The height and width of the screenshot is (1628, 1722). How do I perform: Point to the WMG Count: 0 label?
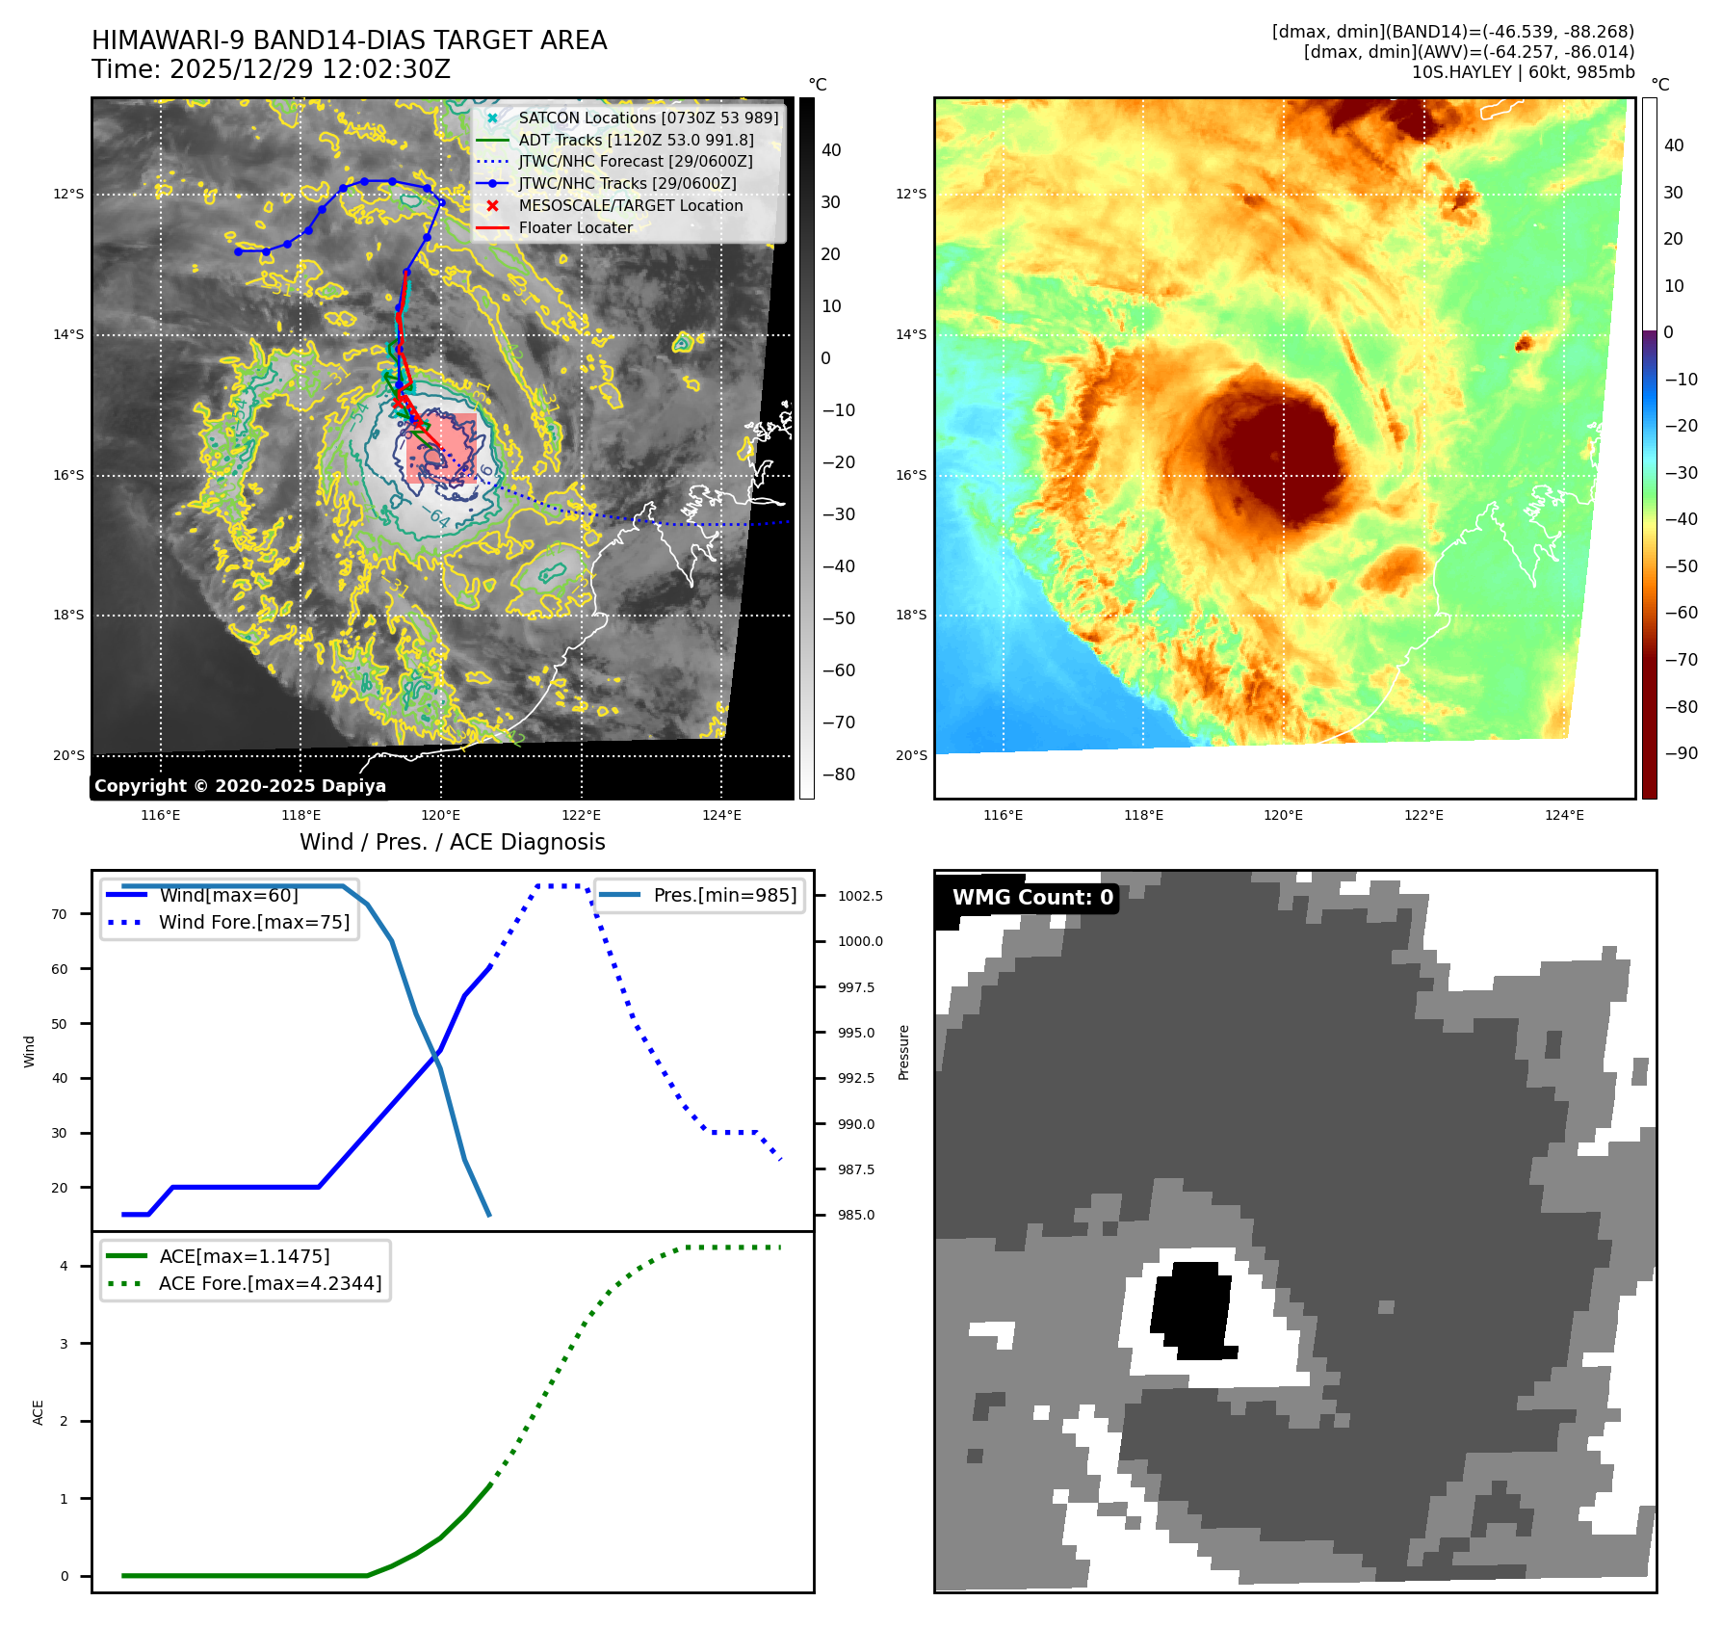[x=1031, y=898]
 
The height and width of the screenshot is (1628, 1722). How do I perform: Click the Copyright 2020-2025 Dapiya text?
[x=240, y=786]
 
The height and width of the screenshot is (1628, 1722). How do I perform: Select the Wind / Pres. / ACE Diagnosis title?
[x=452, y=842]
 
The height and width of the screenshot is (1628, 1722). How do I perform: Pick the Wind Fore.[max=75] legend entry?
[x=253, y=922]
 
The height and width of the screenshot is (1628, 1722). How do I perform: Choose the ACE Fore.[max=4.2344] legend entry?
[x=270, y=1283]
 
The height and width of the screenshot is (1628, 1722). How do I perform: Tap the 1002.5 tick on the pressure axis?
[x=859, y=896]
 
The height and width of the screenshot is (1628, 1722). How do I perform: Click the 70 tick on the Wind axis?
[x=60, y=914]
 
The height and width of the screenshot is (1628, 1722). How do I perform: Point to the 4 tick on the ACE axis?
[x=64, y=1266]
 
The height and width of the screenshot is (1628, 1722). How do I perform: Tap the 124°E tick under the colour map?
[x=1564, y=816]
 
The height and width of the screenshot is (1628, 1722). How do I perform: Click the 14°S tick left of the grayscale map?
[x=68, y=335]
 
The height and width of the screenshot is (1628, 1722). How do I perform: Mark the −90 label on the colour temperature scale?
[x=1682, y=753]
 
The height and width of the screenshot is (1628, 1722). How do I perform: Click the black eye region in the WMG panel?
[x=1192, y=1310]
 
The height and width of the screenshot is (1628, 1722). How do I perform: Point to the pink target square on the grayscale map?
[x=441, y=447]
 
